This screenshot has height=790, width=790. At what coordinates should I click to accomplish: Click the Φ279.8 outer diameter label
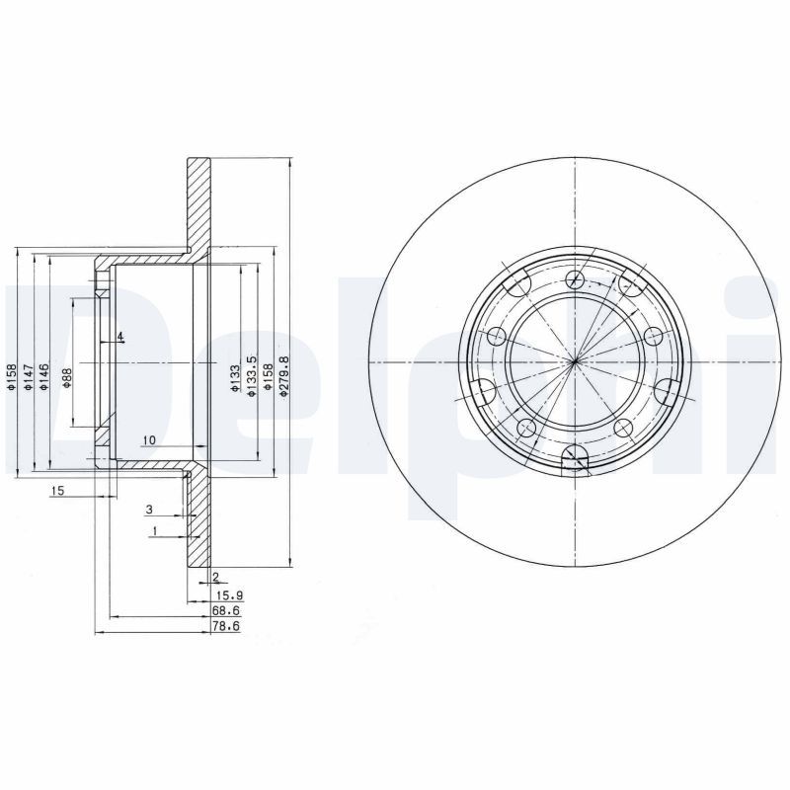pyautogui.click(x=283, y=376)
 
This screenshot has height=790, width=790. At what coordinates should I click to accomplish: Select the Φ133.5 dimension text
pyautogui.click(x=252, y=376)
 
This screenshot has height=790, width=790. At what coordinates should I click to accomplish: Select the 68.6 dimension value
pyautogui.click(x=226, y=612)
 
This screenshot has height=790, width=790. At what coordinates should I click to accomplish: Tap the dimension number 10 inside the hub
pyautogui.click(x=148, y=439)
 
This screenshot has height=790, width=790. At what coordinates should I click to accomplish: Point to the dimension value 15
pyautogui.click(x=57, y=491)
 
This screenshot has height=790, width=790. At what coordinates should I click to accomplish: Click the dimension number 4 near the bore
pyautogui.click(x=119, y=338)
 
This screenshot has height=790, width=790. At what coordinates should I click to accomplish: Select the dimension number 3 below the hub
pyautogui.click(x=149, y=510)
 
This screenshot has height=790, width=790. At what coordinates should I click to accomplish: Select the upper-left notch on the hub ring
pyautogui.click(x=513, y=286)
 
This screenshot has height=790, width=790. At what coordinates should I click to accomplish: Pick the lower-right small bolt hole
pyautogui.click(x=622, y=427)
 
